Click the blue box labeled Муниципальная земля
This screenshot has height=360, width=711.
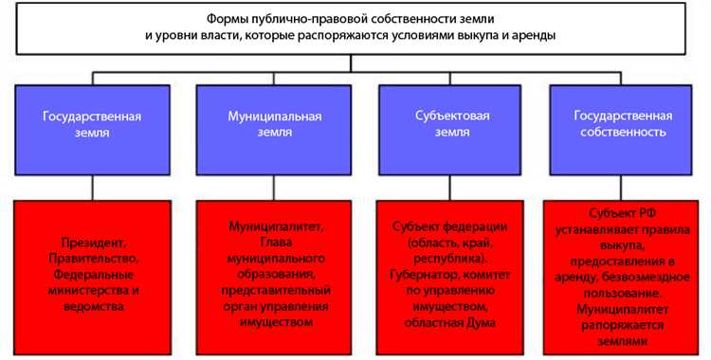click(275, 125)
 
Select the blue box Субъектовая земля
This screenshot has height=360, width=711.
click(451, 125)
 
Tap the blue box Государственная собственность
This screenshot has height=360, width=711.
click(620, 125)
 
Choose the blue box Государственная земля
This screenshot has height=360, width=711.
click(92, 125)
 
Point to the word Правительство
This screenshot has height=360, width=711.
click(92, 260)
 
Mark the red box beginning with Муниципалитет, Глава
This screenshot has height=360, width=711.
click(276, 276)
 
